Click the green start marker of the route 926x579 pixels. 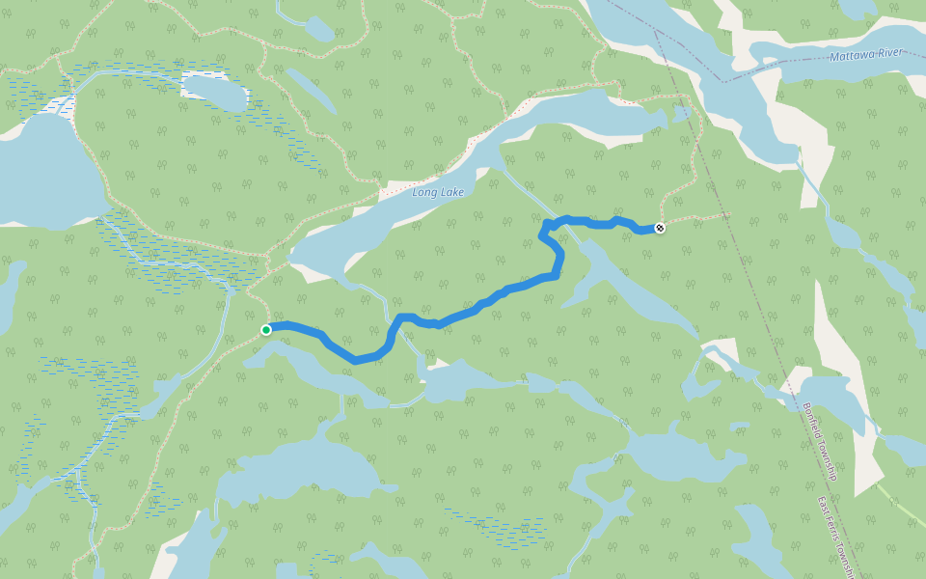click(266, 330)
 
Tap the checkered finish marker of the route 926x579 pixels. click(660, 228)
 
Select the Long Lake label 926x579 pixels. click(438, 193)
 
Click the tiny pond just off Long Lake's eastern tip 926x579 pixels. click(684, 114)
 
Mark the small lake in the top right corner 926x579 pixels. click(858, 9)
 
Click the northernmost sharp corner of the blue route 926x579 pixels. click(547, 224)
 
